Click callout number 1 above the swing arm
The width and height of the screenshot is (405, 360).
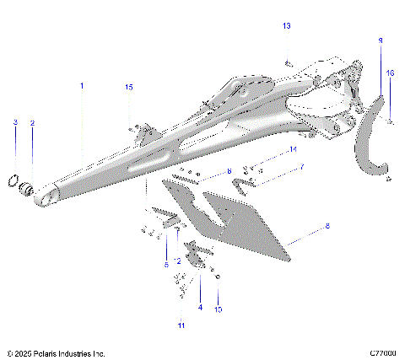(x=82, y=86)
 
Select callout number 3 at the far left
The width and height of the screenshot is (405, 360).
(x=14, y=123)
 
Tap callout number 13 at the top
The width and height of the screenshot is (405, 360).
(x=286, y=27)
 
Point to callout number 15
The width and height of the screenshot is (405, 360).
(x=129, y=87)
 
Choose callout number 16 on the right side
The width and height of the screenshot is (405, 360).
(x=391, y=73)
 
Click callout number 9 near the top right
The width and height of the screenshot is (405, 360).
(x=380, y=40)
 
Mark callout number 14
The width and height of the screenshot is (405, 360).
(x=293, y=149)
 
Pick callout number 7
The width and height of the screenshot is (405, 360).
(x=301, y=168)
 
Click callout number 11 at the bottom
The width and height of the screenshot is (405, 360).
(x=180, y=325)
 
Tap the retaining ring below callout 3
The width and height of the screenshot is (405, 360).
(x=15, y=179)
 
